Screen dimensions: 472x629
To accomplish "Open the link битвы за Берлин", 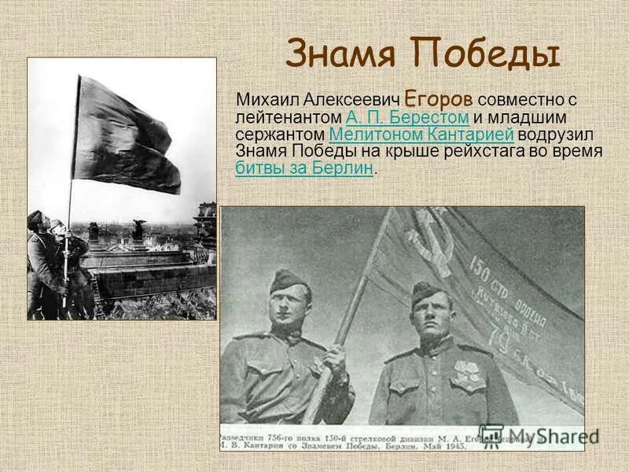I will coord(304,168).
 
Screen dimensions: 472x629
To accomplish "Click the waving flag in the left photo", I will coord(126,134).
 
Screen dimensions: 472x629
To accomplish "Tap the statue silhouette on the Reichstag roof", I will coord(139,230).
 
